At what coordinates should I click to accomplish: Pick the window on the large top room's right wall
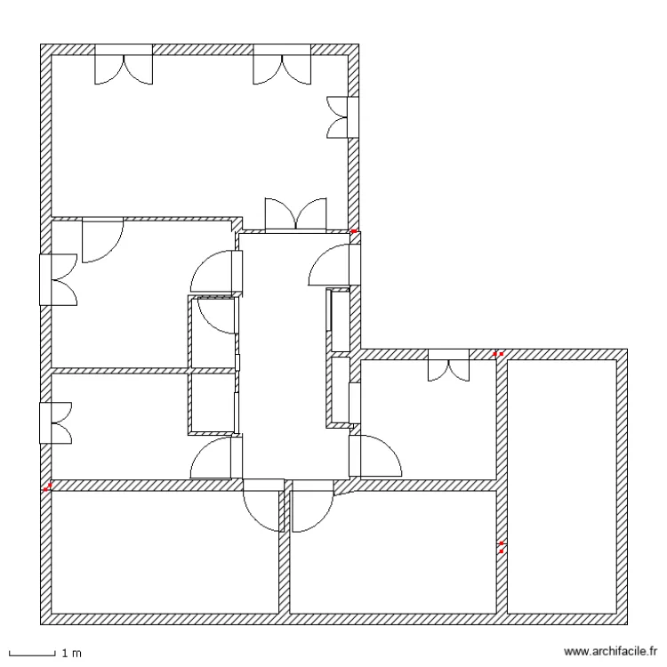(x=342, y=117)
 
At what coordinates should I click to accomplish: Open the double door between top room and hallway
(x=296, y=216)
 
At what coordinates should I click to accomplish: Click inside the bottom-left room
(x=165, y=551)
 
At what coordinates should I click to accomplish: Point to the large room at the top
(x=196, y=133)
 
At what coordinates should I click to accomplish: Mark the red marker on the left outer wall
(x=48, y=486)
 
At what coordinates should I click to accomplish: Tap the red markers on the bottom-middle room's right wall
(x=502, y=547)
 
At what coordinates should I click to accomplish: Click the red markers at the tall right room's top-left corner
(x=499, y=354)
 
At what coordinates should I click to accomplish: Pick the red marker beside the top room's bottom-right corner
(x=354, y=232)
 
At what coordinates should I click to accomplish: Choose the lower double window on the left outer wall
(x=55, y=422)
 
